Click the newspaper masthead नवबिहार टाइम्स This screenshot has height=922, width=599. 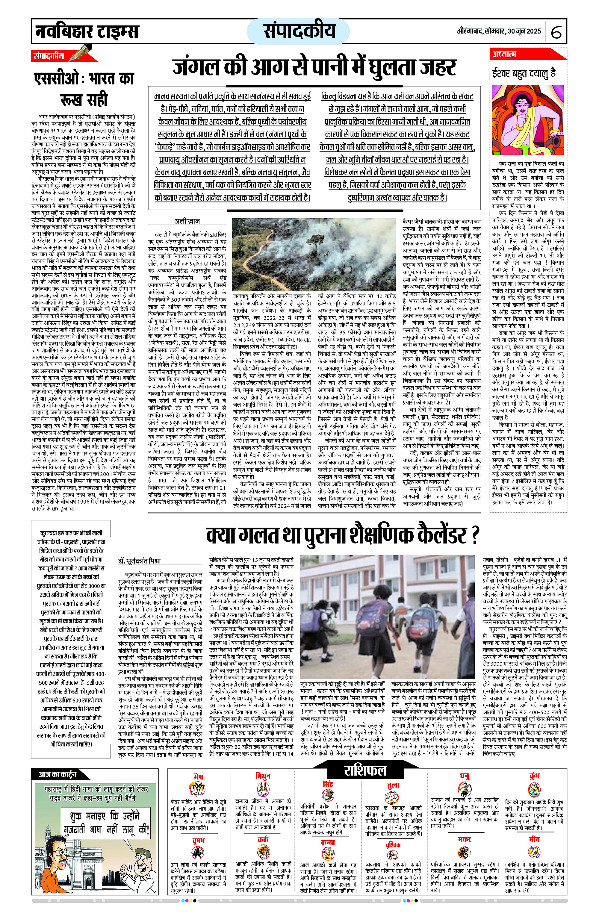86,31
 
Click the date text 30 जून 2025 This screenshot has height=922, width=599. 524,31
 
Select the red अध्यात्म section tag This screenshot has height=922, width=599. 504,54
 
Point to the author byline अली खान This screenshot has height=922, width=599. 187,221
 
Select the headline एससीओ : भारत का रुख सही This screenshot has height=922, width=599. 84,89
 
